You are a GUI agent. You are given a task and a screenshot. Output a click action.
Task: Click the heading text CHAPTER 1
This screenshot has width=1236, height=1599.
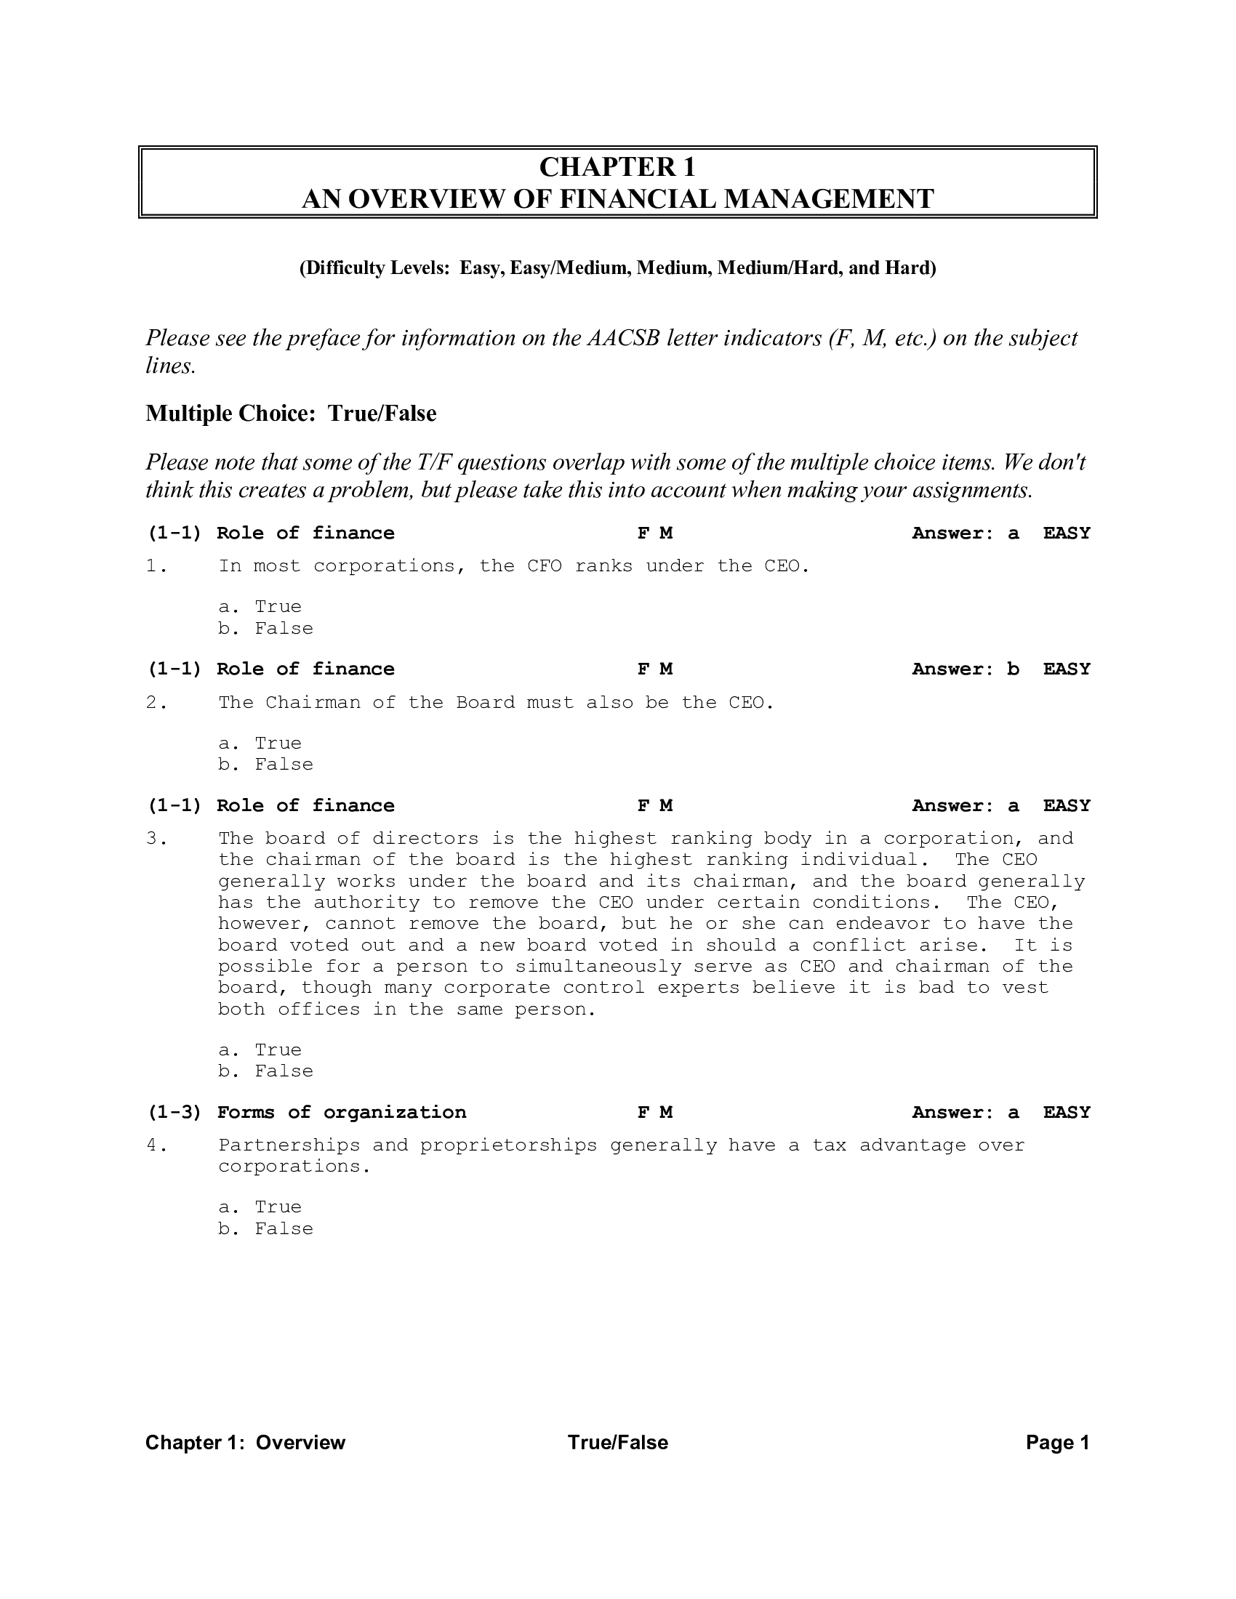[x=617, y=168]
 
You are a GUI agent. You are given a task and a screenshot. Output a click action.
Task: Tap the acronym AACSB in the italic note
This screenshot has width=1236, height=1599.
[x=623, y=338]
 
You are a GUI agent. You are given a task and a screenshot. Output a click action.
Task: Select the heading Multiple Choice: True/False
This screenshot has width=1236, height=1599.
[x=291, y=414]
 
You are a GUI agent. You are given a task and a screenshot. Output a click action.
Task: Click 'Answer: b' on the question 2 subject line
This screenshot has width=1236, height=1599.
[x=965, y=669]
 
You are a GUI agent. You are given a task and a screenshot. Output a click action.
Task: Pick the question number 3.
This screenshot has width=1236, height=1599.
[x=152, y=838]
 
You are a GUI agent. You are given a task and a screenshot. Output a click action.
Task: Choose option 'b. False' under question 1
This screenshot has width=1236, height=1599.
[x=265, y=629]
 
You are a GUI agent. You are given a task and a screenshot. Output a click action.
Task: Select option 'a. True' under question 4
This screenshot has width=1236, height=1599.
[x=260, y=1207]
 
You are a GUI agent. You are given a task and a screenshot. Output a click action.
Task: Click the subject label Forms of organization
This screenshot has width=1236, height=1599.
[x=341, y=1113]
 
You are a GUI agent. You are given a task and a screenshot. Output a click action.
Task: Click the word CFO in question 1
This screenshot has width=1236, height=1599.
[x=544, y=566]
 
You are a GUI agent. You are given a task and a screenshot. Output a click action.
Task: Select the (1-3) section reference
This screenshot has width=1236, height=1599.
[x=174, y=1113]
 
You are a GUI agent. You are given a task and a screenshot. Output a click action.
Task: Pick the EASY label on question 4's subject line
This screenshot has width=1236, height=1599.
[x=1066, y=1113]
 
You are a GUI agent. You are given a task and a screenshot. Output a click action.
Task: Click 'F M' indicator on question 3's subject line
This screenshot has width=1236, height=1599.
[x=654, y=806]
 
